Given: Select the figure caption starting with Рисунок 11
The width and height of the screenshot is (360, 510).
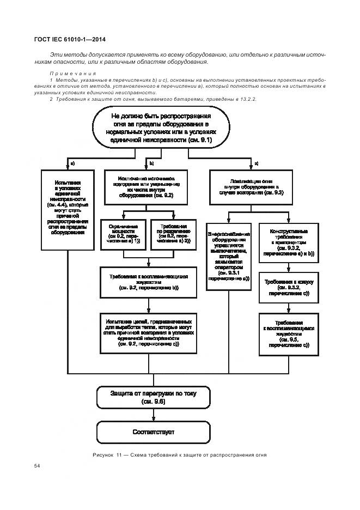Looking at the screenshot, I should click(x=180, y=455).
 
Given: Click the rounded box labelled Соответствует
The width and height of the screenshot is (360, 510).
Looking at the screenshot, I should click(x=153, y=432).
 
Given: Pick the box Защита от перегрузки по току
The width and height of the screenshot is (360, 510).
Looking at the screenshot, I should click(x=153, y=397).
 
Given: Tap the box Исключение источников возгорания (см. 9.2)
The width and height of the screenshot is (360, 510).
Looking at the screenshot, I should click(x=146, y=186).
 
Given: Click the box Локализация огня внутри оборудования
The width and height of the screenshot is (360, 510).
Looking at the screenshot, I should click(x=252, y=186).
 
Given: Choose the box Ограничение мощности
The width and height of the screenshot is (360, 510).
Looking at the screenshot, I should click(x=124, y=233).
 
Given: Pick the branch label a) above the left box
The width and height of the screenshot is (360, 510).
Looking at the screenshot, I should click(x=72, y=163).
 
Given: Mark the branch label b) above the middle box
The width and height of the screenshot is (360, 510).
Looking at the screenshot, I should click(x=152, y=163).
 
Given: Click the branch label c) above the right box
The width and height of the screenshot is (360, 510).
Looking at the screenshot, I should click(x=257, y=163).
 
